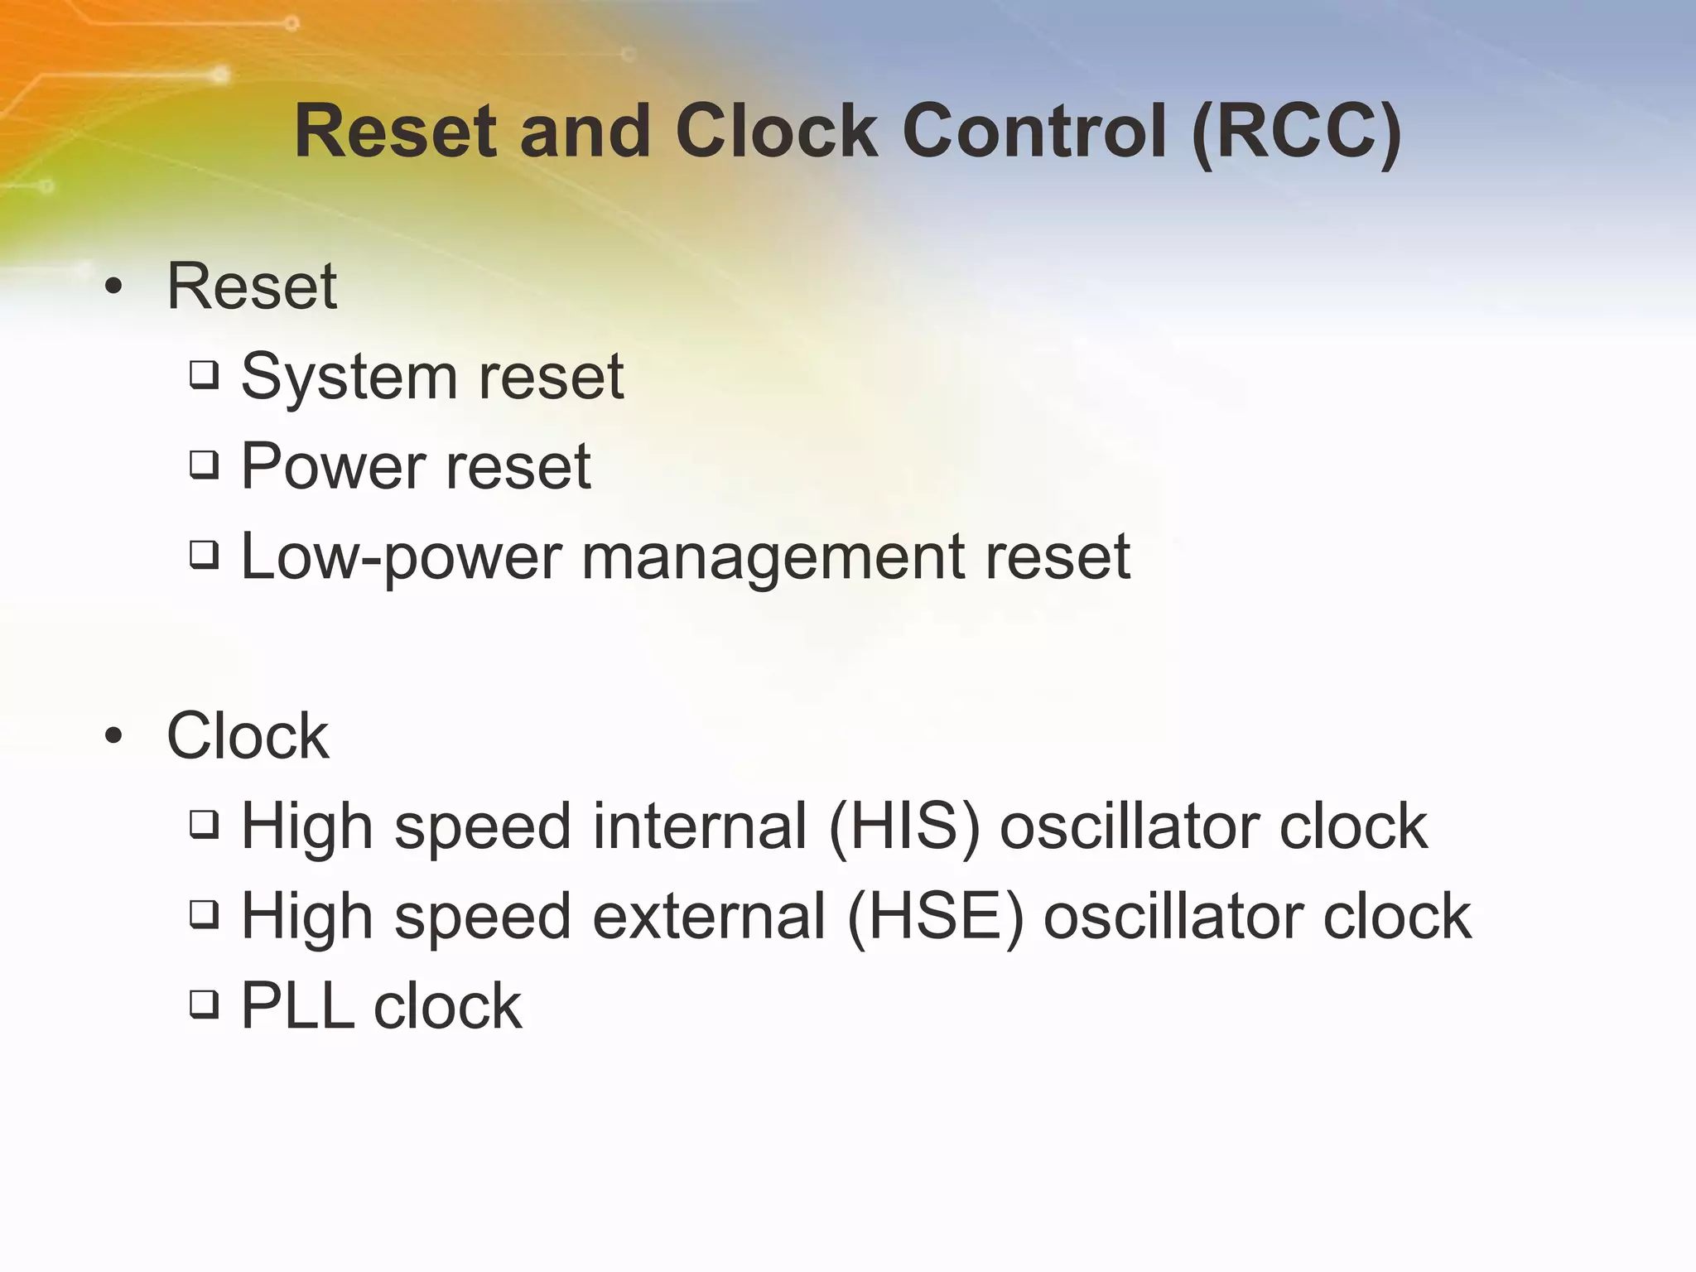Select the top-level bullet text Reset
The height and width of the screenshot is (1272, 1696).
pos(252,286)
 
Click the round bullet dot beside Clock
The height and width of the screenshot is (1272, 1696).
pos(113,735)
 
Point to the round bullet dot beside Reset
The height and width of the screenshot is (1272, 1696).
pos(113,287)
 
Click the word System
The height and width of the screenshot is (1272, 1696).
pos(349,378)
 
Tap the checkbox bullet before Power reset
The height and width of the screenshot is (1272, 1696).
pos(204,465)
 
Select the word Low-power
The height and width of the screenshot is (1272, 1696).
pos(401,556)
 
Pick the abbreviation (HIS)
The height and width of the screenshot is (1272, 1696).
pos(903,826)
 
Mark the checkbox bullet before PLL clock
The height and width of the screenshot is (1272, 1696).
pos(204,1005)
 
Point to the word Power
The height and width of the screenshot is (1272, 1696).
pos(333,466)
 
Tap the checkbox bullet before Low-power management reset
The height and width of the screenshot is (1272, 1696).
pos(204,554)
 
